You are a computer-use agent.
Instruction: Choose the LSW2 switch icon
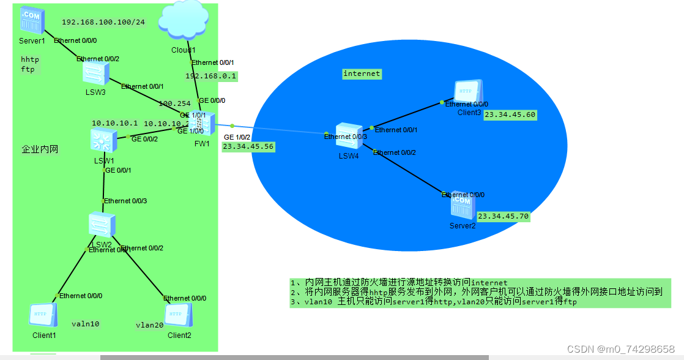[100, 225]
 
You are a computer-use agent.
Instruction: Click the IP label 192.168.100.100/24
[103, 22]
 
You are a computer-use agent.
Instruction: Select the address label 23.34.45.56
[248, 147]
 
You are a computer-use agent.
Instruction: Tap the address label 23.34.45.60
[510, 114]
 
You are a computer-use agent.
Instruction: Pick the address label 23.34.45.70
[503, 216]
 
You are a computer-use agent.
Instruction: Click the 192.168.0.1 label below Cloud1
[211, 76]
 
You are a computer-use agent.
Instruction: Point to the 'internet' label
[362, 73]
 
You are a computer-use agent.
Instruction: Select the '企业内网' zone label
[40, 149]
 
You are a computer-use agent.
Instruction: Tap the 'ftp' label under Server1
[28, 70]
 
